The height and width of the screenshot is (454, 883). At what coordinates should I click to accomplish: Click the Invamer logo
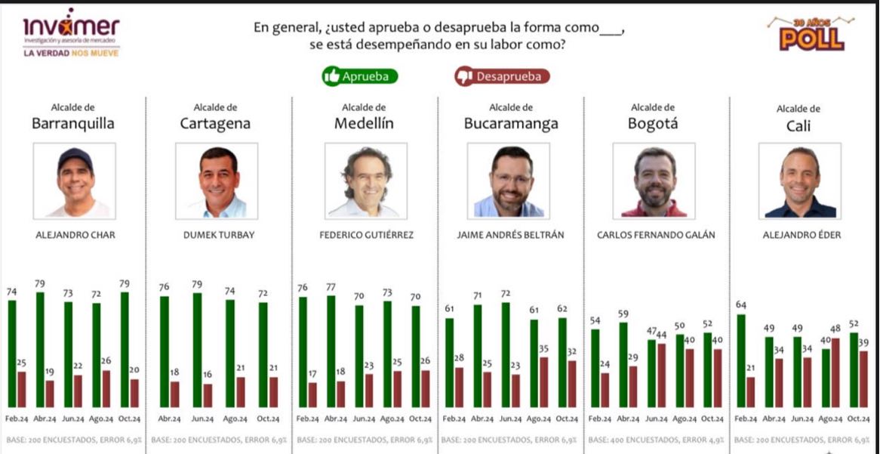point(71,33)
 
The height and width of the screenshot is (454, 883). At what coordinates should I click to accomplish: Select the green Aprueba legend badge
point(359,76)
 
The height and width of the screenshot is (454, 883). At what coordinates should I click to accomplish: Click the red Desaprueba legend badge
point(502,76)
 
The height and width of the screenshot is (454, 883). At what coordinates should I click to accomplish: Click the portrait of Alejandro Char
point(75,181)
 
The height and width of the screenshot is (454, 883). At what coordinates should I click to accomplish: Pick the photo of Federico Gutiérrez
point(365,181)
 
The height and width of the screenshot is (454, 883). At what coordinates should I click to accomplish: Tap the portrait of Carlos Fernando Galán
point(653,181)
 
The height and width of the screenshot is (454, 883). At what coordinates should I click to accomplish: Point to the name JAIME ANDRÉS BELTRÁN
point(509,235)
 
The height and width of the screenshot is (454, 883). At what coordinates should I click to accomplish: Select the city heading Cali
point(798,126)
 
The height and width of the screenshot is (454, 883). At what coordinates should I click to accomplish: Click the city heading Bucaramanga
point(510,124)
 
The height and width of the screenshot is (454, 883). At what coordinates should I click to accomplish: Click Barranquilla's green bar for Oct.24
point(125,349)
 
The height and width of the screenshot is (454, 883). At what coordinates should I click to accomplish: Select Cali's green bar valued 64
point(741,360)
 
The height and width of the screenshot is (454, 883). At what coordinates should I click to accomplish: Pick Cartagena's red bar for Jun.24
point(208,395)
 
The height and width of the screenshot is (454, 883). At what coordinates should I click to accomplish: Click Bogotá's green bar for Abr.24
point(623,364)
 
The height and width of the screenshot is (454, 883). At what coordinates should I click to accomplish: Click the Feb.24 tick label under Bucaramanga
point(454,418)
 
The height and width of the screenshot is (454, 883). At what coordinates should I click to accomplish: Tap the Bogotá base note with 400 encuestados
point(656,439)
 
